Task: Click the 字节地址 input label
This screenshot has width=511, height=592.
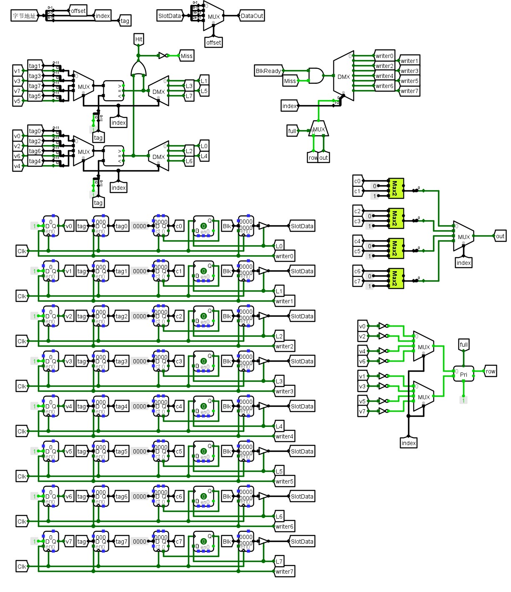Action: pyautogui.click(x=24, y=16)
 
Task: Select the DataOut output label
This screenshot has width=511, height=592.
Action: pyautogui.click(x=252, y=16)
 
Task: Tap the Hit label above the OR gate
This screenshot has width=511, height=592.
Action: pyautogui.click(x=139, y=39)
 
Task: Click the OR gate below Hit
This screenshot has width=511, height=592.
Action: pyautogui.click(x=138, y=69)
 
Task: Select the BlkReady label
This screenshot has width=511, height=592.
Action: pyautogui.click(x=268, y=71)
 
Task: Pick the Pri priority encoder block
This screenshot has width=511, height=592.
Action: pyautogui.click(x=463, y=374)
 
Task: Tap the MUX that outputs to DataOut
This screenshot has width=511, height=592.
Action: pyautogui.click(x=213, y=16)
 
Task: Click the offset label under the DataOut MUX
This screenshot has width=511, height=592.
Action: pyautogui.click(x=214, y=43)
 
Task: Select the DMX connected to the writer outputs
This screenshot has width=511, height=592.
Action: pyautogui.click(x=343, y=76)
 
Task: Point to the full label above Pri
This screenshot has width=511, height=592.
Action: pyautogui.click(x=463, y=345)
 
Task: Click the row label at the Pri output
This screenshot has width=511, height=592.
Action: pyautogui.click(x=491, y=371)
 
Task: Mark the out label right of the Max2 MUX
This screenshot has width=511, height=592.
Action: pyautogui.click(x=500, y=236)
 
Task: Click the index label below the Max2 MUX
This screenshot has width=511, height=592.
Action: pyautogui.click(x=463, y=263)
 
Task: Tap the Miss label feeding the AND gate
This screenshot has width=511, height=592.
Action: pyautogui.click(x=290, y=81)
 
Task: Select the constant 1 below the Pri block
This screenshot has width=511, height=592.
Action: pyautogui.click(x=463, y=400)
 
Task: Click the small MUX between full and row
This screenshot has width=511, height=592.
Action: pyautogui.click(x=319, y=129)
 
